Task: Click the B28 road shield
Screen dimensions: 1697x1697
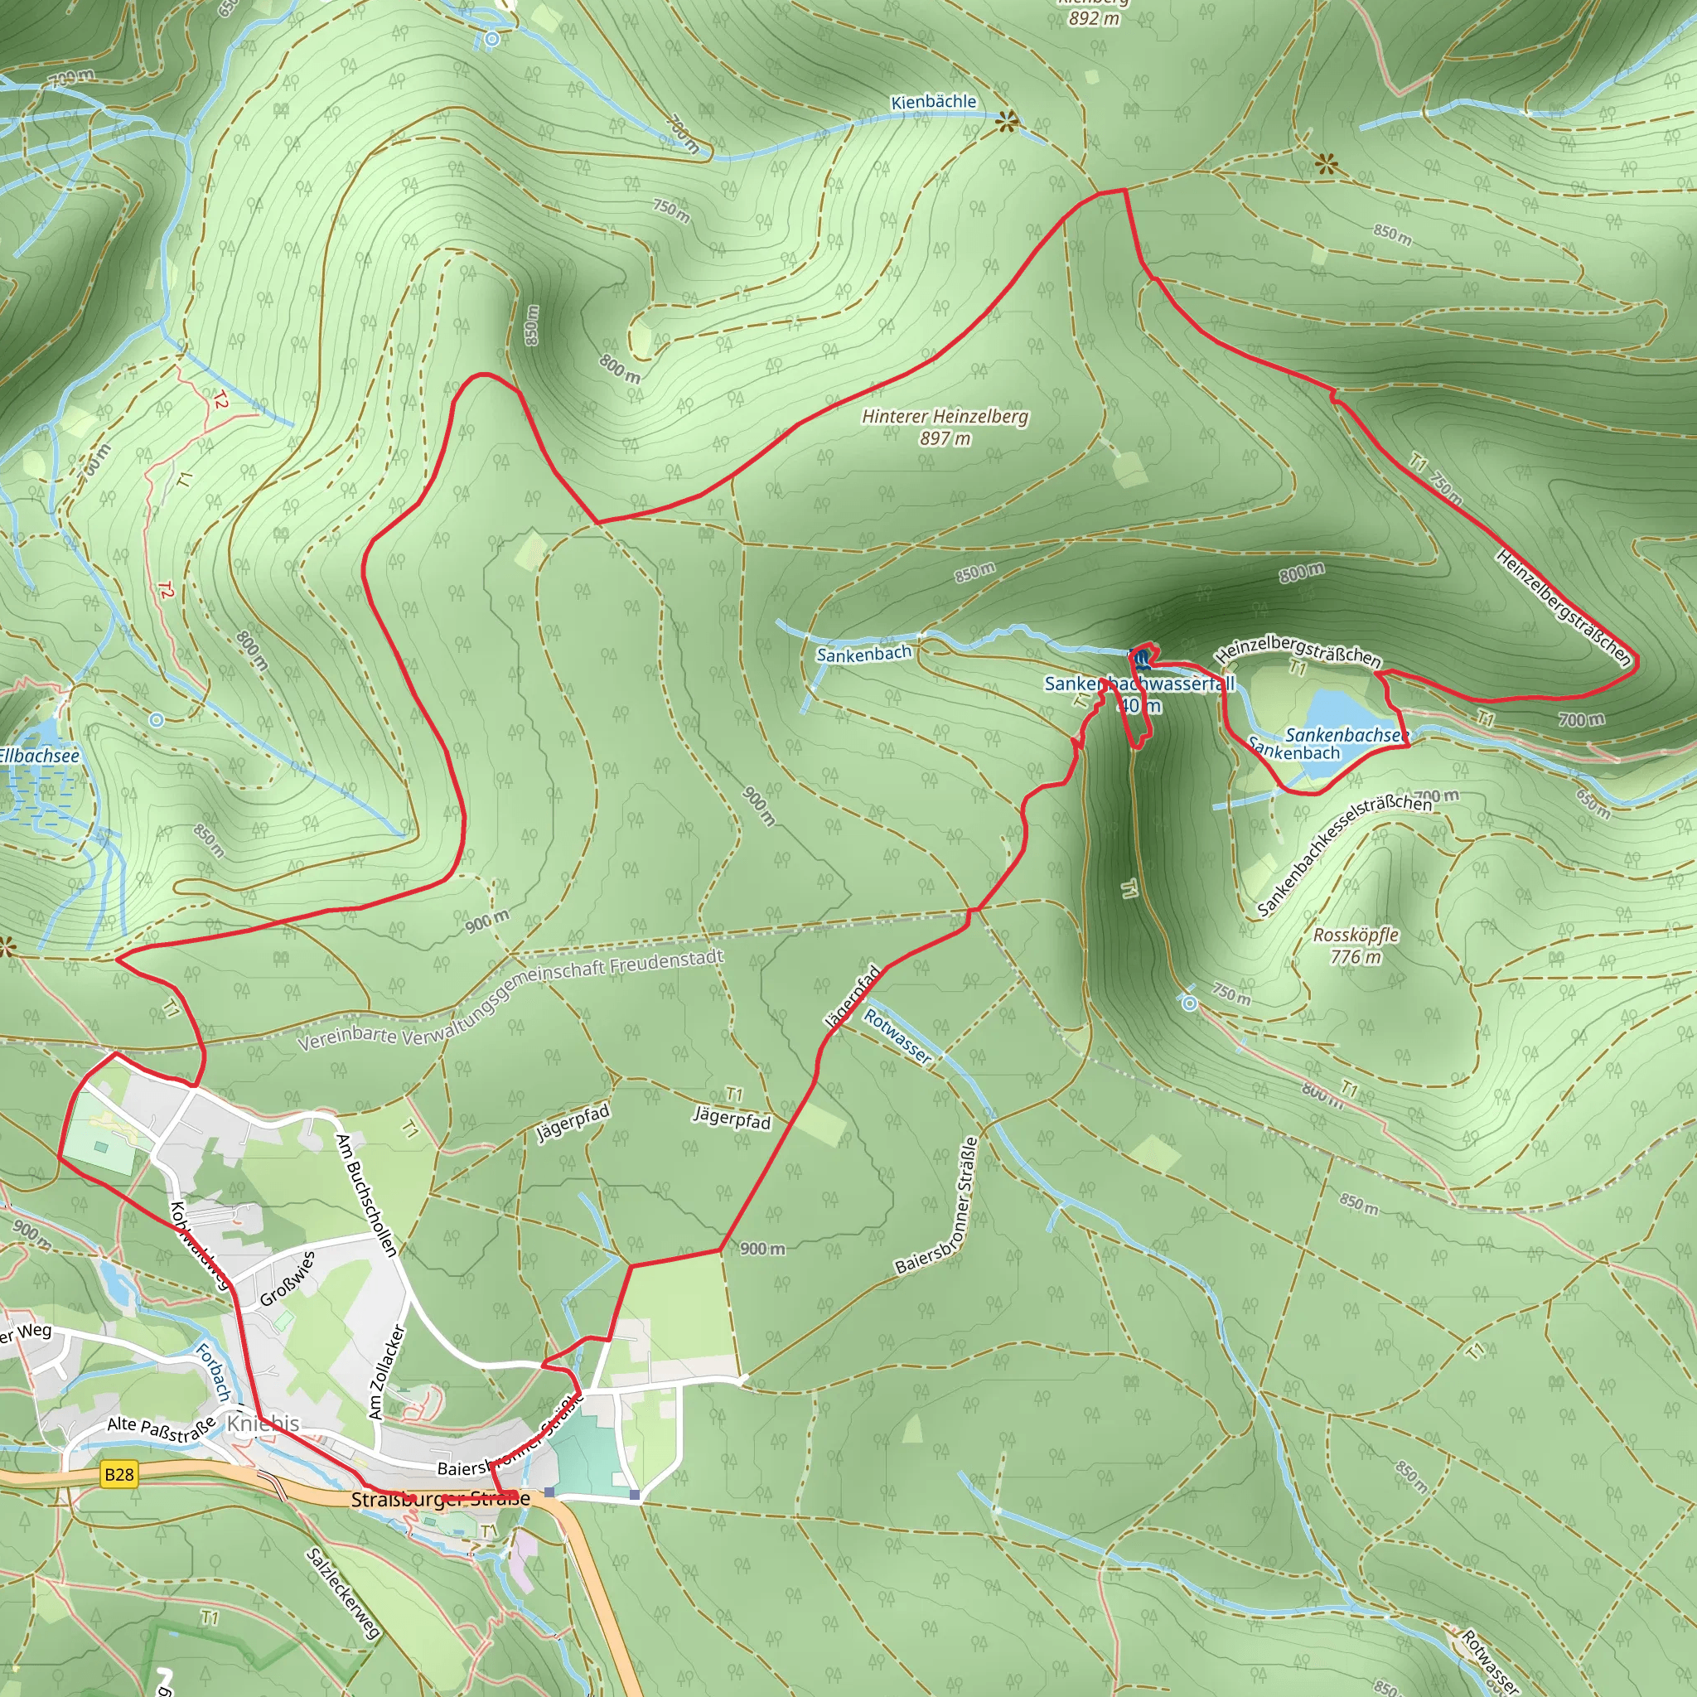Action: click(x=118, y=1473)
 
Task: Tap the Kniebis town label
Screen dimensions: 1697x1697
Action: click(x=263, y=1423)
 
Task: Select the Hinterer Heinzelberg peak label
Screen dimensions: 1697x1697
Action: click(x=945, y=426)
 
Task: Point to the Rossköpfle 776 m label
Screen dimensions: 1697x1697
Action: click(x=1356, y=945)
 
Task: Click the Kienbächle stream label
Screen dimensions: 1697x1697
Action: click(x=933, y=102)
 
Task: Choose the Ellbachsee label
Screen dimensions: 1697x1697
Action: click(x=39, y=756)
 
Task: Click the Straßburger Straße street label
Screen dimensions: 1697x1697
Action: click(x=440, y=1498)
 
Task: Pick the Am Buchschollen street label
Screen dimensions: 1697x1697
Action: click(x=366, y=1194)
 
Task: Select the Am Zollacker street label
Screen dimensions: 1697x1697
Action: click(x=386, y=1371)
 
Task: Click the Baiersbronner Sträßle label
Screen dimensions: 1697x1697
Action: click(x=936, y=1206)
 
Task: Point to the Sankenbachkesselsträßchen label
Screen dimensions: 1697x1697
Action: click(x=1343, y=852)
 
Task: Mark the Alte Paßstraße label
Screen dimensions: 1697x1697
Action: click(x=161, y=1429)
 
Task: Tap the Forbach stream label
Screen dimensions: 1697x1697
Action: click(x=213, y=1371)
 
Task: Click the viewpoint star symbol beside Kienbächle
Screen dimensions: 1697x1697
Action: click(x=1007, y=122)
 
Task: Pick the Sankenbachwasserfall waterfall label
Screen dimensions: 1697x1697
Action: click(x=1139, y=684)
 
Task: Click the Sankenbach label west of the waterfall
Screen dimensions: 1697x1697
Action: click(x=863, y=655)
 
